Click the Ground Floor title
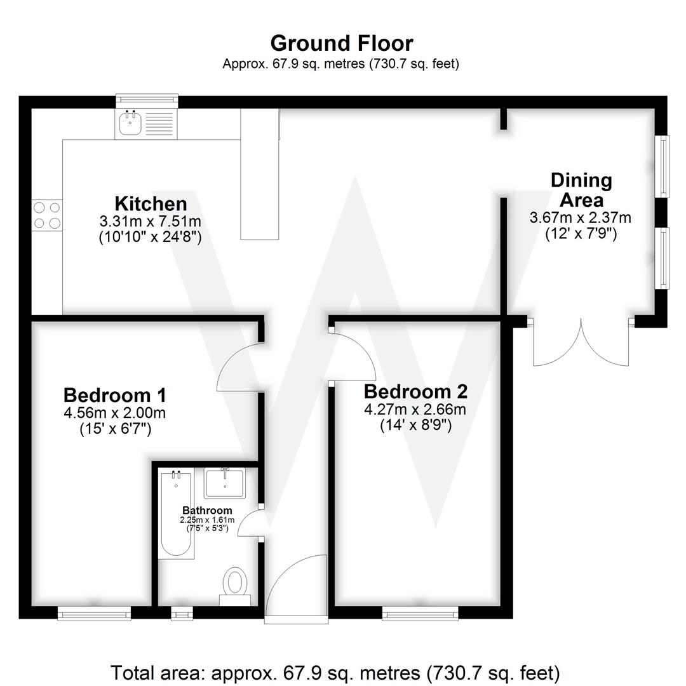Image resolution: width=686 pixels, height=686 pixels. (x=342, y=43)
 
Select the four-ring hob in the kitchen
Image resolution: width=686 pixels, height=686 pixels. (x=47, y=215)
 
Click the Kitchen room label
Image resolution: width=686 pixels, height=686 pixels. (x=151, y=204)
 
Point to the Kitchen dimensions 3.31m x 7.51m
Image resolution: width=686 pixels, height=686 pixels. (x=151, y=222)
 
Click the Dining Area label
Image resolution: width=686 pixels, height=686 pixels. (x=581, y=190)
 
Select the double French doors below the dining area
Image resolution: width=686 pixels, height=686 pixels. (x=581, y=343)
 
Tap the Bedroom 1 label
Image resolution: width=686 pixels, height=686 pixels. (x=115, y=395)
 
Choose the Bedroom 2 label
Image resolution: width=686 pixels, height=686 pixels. (x=415, y=391)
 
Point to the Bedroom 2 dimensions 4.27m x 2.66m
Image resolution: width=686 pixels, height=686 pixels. (x=415, y=410)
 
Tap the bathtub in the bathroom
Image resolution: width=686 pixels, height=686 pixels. (x=177, y=514)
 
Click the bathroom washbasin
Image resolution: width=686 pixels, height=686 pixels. (x=225, y=483)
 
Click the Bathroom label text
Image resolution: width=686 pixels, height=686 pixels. (x=207, y=511)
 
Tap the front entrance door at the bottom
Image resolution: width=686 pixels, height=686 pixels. (x=296, y=588)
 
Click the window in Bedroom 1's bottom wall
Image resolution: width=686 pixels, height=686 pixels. (x=94, y=612)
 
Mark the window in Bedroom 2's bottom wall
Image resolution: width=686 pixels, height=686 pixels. (x=420, y=612)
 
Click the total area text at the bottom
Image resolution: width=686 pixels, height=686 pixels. (x=335, y=672)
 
